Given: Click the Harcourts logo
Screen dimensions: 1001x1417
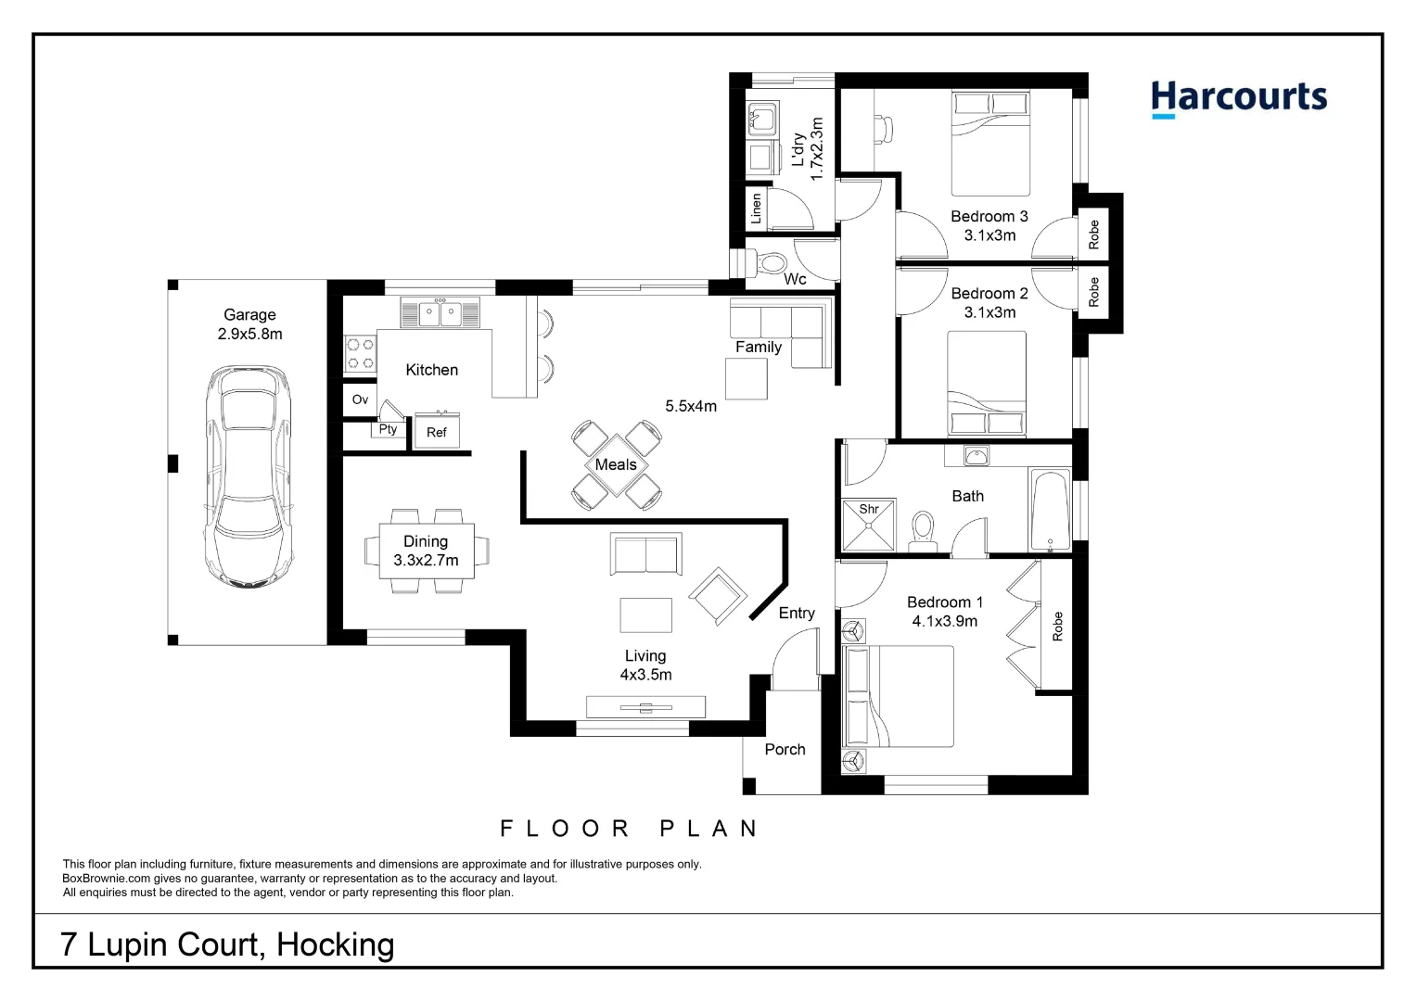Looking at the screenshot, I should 1238,97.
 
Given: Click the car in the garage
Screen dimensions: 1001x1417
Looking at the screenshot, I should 249,475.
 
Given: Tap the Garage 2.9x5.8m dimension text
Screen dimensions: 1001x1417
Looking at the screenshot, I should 249,324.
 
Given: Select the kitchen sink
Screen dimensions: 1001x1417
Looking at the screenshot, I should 440,313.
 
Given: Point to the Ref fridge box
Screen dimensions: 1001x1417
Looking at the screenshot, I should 437,432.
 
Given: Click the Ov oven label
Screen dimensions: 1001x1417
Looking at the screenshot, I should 360,399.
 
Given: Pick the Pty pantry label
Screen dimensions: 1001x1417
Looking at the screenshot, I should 388,429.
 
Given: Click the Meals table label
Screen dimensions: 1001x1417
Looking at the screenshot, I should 616,464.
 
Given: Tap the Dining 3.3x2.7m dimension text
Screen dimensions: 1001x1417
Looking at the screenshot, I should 426,551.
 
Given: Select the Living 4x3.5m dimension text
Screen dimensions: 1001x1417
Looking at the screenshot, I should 645,665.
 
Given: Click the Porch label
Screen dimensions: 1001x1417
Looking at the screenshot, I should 785,749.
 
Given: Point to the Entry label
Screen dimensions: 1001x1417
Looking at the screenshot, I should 797,613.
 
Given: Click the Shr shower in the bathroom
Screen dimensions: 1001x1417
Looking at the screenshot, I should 869,526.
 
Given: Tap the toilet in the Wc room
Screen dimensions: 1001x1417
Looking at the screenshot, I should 772,263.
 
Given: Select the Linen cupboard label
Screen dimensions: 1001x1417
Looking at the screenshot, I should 756,209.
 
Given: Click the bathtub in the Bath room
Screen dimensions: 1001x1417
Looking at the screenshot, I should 1050,510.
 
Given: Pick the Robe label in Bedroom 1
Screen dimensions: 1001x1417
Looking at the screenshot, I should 1057,627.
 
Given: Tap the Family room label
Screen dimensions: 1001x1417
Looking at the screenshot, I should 759,347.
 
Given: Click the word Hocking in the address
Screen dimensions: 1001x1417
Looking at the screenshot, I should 336,944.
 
